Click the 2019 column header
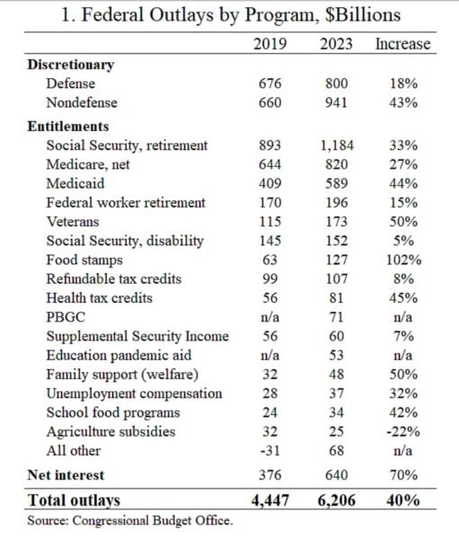269,44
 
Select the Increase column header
402,44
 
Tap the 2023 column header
336,44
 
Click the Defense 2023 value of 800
337,84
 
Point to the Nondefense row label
82,102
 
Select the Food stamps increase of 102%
403,260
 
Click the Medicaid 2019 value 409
269,183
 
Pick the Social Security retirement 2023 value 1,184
337,146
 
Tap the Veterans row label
73,222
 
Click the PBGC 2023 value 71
336,317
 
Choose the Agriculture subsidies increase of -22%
403,431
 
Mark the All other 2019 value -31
269,451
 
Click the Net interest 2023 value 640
337,475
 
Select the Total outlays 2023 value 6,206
337,500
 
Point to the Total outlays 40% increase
403,499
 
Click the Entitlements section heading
68,126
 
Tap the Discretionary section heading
71,65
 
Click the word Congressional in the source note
110,520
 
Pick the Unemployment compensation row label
134,393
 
